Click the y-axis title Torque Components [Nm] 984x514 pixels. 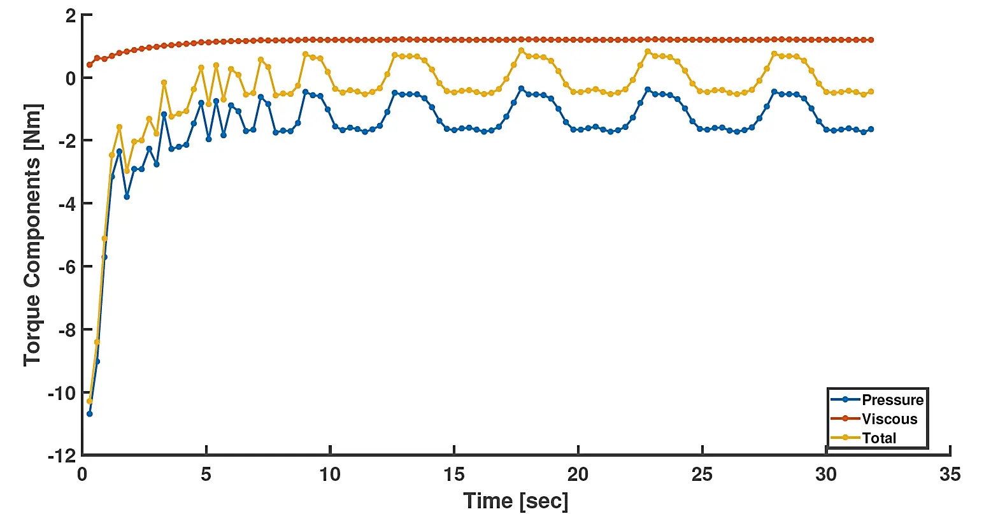coord(32,235)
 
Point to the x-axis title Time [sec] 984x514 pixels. coord(515,501)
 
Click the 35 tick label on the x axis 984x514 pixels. coord(950,475)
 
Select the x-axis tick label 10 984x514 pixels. coord(330,475)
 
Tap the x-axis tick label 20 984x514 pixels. coord(578,475)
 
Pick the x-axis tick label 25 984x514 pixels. coord(702,475)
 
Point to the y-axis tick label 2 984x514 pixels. coord(69,15)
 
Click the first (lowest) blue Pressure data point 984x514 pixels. coord(89,414)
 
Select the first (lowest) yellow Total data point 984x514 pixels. coord(89,401)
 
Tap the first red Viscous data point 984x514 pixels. coord(89,65)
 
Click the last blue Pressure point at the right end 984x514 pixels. coord(871,129)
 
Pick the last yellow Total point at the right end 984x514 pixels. coord(871,92)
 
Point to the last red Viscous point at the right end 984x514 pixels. coord(871,40)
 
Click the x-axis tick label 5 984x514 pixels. coord(206,475)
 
